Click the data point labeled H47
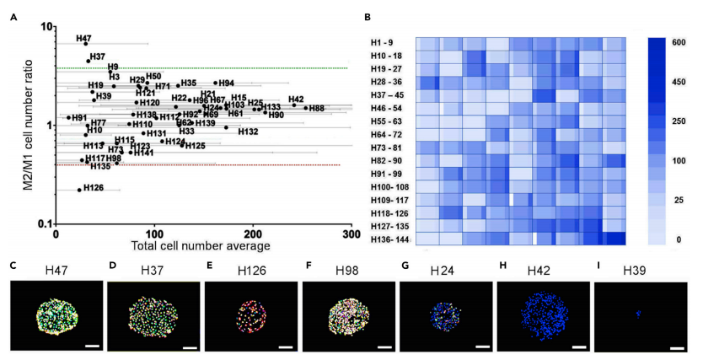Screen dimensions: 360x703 tap(86, 43)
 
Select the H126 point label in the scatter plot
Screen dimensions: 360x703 tap(94, 187)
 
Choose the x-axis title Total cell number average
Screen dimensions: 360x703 tap(201, 246)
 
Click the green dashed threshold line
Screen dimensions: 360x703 tap(202, 67)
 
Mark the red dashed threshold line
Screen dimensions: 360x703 tap(202, 165)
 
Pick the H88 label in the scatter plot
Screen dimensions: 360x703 tap(316, 109)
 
